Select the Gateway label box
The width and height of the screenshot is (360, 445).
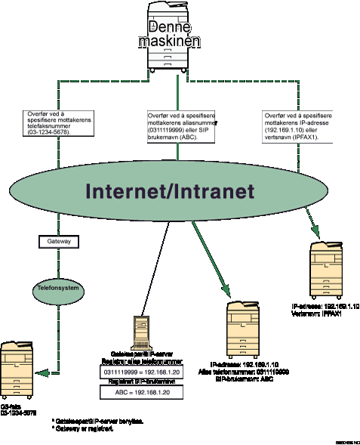click(58, 242)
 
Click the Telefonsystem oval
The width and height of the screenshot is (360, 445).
click(58, 289)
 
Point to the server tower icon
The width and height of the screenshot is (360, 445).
click(141, 332)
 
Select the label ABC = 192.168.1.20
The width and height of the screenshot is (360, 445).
click(141, 393)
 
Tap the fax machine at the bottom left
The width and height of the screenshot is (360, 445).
click(17, 369)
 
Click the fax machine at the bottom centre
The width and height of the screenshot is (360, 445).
click(243, 329)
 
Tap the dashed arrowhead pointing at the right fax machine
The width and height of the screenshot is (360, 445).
click(322, 230)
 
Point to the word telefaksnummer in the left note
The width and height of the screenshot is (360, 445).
click(49, 125)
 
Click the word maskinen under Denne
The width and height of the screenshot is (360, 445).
click(169, 41)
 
